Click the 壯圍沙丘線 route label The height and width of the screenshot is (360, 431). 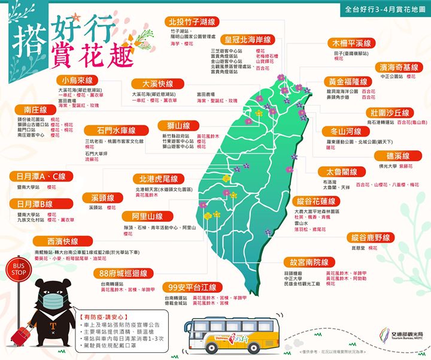(x=390, y=113)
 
